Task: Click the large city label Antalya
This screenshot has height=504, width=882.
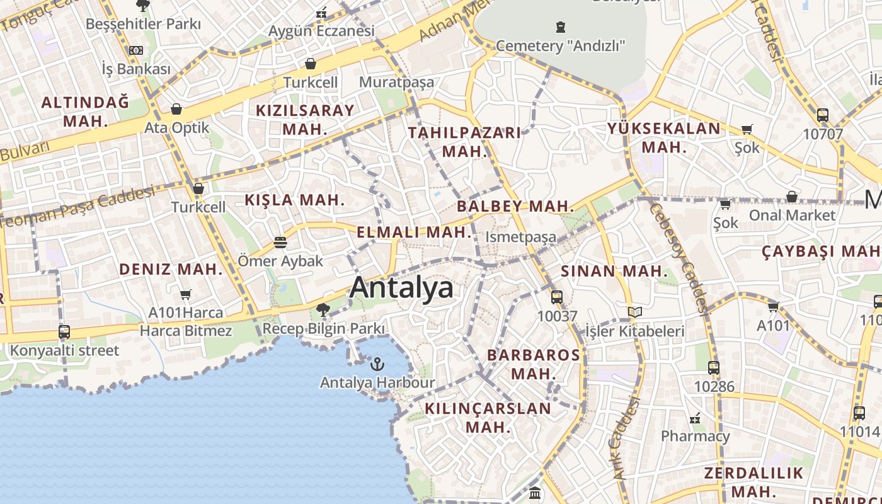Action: tap(401, 287)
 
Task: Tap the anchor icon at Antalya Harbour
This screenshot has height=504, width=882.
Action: tap(377, 364)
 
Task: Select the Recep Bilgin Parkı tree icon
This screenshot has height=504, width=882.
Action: tap(323, 309)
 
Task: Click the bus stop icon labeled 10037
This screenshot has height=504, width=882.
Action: tap(557, 297)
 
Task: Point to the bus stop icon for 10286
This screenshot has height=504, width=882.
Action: tap(713, 367)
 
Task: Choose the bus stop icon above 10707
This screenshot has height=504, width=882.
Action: tap(822, 115)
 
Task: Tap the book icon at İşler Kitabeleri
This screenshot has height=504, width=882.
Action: tap(635, 312)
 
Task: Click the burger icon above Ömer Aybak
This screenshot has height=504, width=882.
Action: tap(280, 243)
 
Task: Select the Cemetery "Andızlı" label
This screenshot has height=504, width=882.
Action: tap(561, 45)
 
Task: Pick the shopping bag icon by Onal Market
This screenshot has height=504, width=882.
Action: tap(792, 197)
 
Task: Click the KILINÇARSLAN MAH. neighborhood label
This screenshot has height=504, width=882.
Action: tap(488, 417)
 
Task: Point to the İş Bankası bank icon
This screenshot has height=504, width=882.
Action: tap(136, 50)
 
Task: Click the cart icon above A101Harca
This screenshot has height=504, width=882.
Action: tap(185, 294)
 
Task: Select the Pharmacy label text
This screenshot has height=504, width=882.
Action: tap(695, 435)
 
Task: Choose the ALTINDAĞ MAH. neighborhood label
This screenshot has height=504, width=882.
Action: tap(85, 111)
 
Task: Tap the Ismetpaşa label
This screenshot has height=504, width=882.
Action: tap(521, 237)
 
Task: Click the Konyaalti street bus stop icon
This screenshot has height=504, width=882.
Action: tap(64, 332)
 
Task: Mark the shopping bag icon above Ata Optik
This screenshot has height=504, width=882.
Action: tap(176, 109)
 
